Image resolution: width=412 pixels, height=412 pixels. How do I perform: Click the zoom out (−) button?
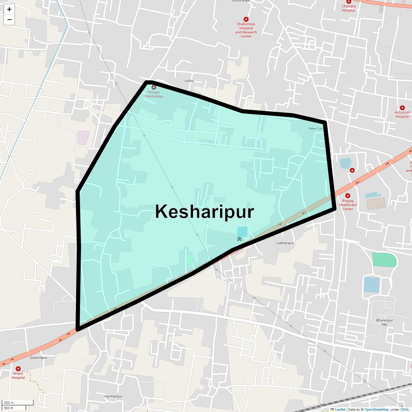9,20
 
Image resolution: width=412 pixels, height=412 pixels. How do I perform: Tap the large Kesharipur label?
205,211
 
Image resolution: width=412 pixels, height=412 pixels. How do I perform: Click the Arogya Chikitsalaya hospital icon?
153,87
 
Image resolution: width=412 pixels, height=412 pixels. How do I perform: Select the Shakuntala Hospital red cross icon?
246,19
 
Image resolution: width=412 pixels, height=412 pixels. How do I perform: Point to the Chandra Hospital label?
348,8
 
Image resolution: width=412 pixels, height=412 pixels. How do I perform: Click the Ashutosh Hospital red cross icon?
402,108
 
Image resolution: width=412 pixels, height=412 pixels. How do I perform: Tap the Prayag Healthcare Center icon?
348,196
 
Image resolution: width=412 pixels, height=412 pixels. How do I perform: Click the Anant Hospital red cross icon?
18,369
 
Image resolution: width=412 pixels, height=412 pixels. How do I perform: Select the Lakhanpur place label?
285,243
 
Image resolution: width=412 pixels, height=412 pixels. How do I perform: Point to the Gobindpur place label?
38,358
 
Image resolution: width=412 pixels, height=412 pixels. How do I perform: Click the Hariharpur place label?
113,396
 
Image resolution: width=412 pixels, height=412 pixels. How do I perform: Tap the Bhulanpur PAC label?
385,322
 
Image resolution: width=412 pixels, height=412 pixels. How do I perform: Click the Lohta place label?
189,81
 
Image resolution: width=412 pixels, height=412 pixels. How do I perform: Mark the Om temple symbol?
239,239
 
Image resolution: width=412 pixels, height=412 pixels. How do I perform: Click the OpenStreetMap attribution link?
376,409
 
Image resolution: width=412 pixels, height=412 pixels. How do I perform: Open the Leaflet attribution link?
340,409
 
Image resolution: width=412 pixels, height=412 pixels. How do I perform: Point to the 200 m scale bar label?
9,403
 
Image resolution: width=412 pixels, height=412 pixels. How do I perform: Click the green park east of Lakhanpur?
384,260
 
